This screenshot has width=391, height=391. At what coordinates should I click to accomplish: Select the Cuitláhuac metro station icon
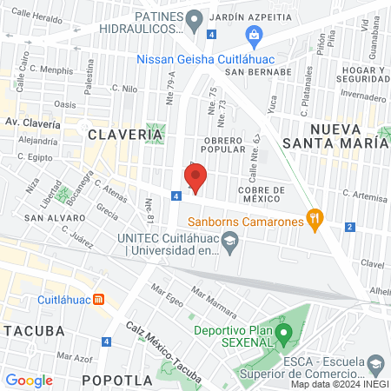click(x=99, y=300)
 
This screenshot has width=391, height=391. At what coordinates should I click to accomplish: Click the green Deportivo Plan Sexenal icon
click(x=283, y=331)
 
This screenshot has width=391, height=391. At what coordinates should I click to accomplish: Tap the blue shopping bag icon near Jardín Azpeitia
click(x=254, y=36)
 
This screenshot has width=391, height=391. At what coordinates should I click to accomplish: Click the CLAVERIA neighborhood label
click(x=125, y=135)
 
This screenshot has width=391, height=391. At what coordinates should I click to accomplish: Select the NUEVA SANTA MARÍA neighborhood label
click(x=335, y=136)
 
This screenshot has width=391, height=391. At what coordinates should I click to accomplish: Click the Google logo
click(x=30, y=380)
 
